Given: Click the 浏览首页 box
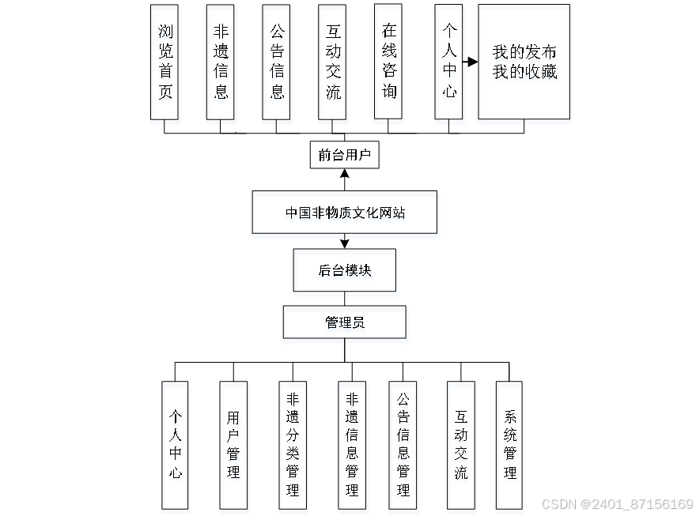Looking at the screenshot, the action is point(165,65).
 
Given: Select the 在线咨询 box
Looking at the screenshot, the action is point(389,65).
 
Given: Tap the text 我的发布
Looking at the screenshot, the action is point(524,54).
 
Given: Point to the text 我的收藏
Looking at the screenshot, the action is point(524,74).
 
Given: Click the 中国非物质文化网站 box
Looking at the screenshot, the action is point(346,214).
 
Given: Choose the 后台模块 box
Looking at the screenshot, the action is point(346,273).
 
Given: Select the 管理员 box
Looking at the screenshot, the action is point(346,325).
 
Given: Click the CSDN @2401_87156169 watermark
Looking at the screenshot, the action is point(616,503).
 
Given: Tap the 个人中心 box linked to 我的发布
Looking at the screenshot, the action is point(449,65).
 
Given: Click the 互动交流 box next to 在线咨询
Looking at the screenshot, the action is point(333,65).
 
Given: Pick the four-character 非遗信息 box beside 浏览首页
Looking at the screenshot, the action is point(221,65).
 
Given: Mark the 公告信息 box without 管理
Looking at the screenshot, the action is point(278,65).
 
